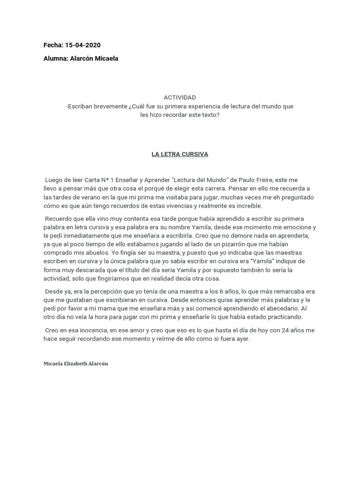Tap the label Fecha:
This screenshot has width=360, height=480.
[x=53, y=45]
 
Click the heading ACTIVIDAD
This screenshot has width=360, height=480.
[x=180, y=97]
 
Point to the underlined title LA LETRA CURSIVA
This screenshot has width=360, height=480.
[x=180, y=154]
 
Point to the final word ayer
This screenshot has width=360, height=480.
[x=242, y=339]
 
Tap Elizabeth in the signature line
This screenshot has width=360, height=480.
[x=73, y=364]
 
